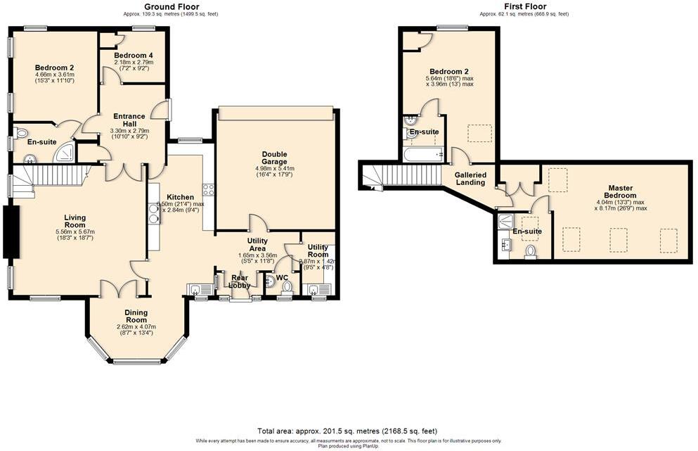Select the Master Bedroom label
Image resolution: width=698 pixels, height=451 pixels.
(621, 191)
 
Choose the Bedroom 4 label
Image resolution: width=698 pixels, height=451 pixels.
(134, 55)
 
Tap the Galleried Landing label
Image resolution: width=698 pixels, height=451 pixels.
(470, 179)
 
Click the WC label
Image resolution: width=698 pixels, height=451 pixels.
(283, 277)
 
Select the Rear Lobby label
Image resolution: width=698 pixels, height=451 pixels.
(242, 281)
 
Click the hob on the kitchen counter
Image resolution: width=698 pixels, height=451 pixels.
(208, 189)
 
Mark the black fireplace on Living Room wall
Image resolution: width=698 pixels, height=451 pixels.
(11, 232)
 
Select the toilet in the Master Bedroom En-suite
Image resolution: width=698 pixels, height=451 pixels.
(531, 251)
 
